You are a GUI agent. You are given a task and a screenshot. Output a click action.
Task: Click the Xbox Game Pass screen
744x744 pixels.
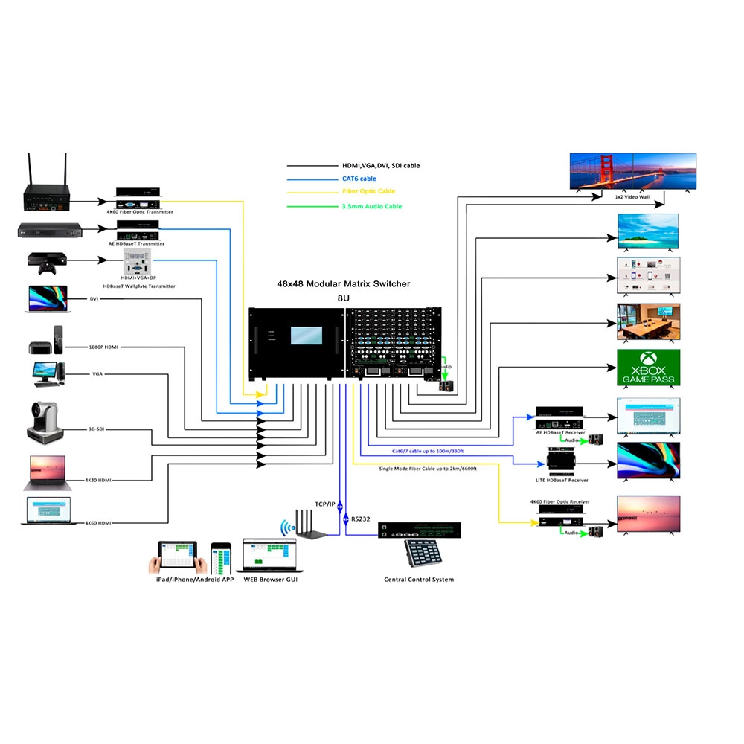tap(648, 368)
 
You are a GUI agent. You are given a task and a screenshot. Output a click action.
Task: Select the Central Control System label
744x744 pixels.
tap(419, 580)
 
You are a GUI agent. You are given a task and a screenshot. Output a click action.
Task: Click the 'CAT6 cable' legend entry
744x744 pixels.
tap(359, 179)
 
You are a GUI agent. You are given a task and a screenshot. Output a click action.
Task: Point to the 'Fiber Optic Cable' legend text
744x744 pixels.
tap(369, 192)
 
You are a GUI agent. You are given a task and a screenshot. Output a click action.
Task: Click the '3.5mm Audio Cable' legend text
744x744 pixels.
tap(372, 206)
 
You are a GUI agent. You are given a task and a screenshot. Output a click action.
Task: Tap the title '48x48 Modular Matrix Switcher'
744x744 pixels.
tap(343, 284)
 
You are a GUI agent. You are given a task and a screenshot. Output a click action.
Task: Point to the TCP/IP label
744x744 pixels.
tap(326, 504)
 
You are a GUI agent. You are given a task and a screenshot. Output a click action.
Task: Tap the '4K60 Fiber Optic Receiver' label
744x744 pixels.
tap(559, 502)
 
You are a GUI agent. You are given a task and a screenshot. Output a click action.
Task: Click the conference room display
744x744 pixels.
tap(648, 321)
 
